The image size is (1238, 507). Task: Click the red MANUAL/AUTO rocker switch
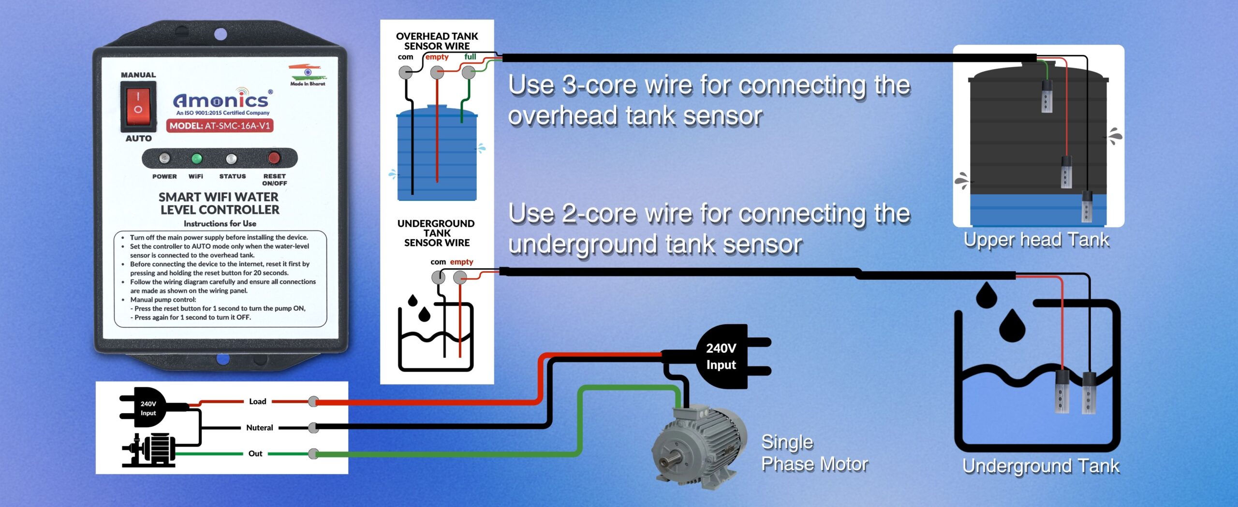138,106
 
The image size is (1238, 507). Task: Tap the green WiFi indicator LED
196,159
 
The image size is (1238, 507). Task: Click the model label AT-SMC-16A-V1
220,126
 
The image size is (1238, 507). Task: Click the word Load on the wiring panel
258,402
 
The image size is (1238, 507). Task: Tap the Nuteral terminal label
260,428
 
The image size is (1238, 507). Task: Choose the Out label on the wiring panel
255,454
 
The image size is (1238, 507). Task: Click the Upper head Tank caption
1036,240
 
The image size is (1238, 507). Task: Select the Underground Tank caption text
1041,466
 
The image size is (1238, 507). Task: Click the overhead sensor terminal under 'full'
468,73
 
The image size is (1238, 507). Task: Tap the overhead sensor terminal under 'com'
405,73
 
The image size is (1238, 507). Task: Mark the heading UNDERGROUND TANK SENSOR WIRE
436,233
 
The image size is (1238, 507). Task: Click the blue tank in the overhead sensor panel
437,155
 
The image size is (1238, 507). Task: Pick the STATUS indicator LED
232,159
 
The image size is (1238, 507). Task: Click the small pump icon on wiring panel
149,450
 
